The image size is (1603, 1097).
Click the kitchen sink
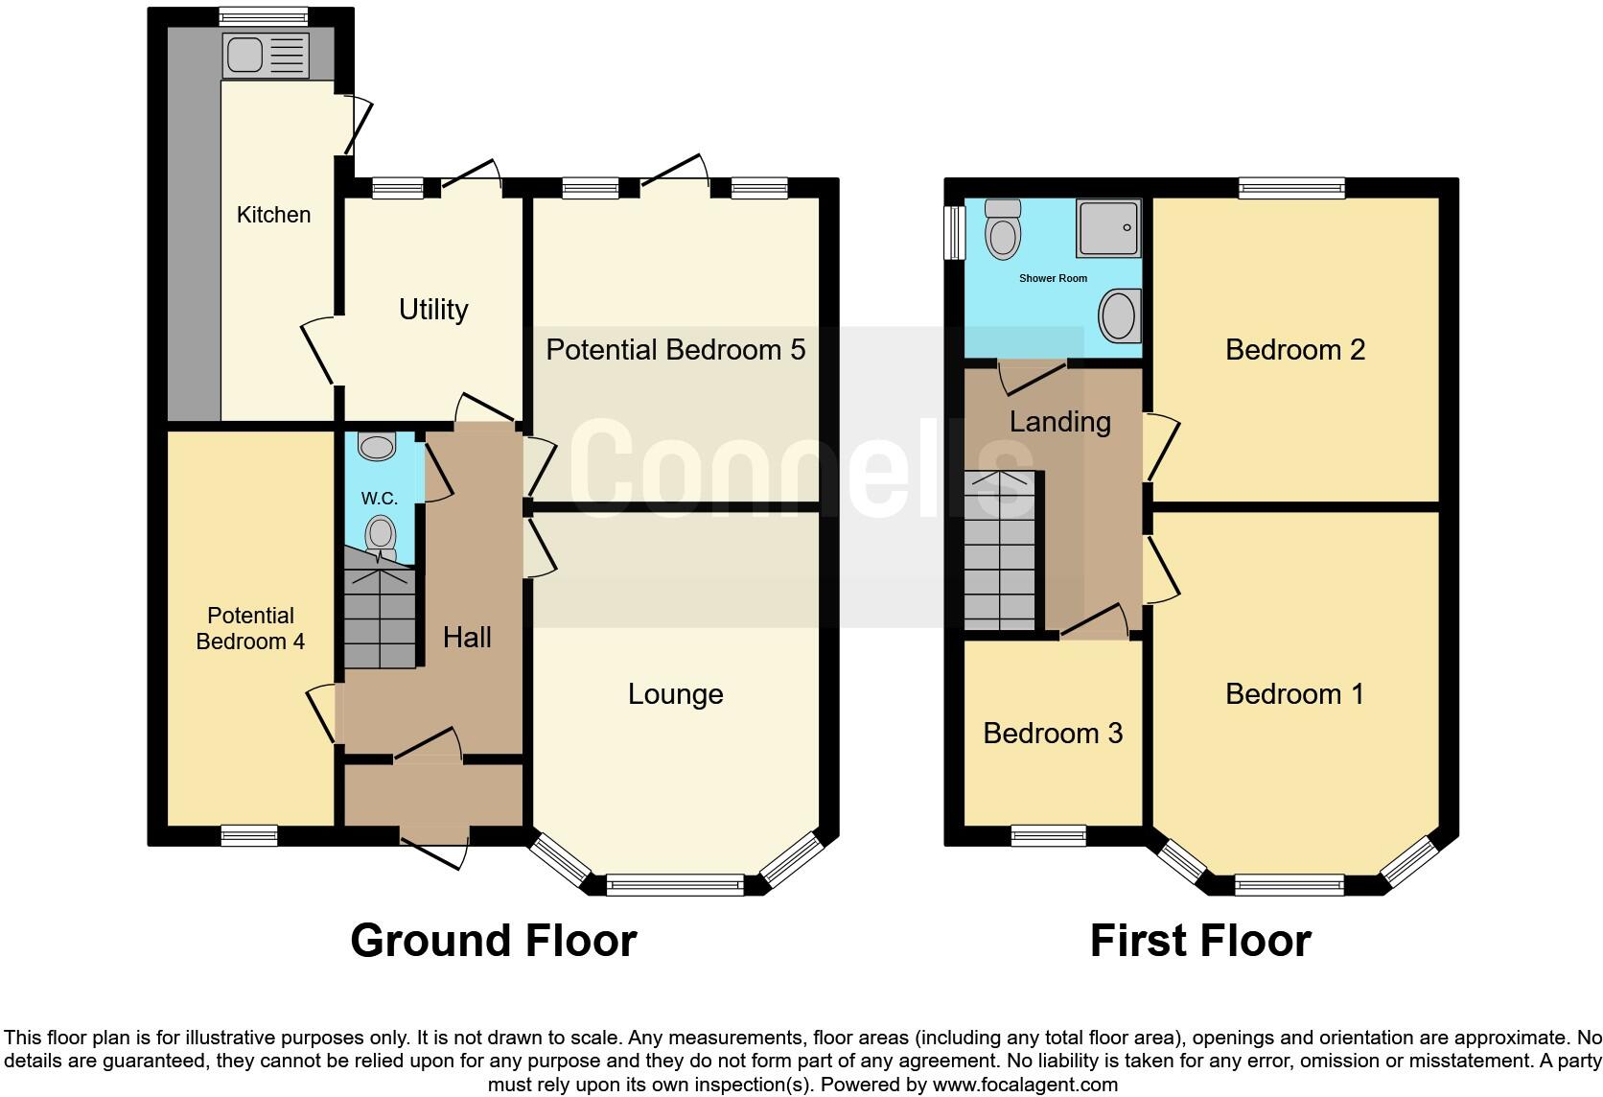266,55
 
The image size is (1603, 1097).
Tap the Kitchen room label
273,215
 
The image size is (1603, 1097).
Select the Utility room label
433,310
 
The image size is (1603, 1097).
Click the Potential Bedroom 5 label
675,350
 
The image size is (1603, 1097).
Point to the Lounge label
675,694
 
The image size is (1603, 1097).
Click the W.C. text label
380,499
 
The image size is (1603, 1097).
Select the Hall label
467,638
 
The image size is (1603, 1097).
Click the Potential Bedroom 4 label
250,629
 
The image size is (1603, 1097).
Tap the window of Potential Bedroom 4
249,835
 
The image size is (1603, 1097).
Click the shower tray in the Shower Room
1108,228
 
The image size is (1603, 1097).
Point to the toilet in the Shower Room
1003,230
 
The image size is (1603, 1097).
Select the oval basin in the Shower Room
1118,316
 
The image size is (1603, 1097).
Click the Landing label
1059,422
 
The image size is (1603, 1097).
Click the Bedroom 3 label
1053,734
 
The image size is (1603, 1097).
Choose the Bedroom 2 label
1294,350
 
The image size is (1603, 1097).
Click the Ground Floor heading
493,941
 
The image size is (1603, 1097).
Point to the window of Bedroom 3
1048,836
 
